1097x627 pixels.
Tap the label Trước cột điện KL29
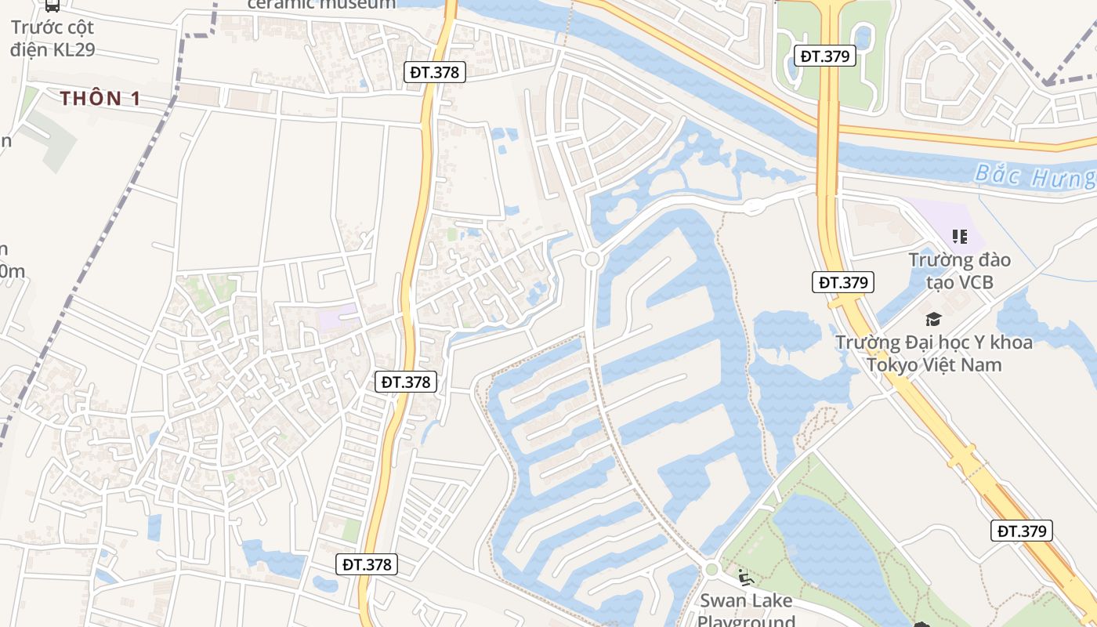click(x=52, y=38)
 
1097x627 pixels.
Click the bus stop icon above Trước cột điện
click(x=52, y=5)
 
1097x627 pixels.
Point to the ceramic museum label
click(x=322, y=4)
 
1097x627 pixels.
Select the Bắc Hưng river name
click(x=1034, y=176)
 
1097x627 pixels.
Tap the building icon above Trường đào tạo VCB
click(x=959, y=236)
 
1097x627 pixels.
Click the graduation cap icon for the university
click(x=932, y=319)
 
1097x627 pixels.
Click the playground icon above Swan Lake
click(x=745, y=579)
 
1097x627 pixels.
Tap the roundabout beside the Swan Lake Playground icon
click(x=711, y=570)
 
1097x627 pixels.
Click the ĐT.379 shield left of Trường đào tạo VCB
click(x=842, y=282)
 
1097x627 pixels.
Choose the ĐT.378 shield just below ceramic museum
click(x=437, y=72)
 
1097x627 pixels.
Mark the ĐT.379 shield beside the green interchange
click(x=824, y=56)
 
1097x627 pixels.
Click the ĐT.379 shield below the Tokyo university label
click(x=1022, y=531)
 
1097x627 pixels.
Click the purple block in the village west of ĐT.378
click(x=338, y=319)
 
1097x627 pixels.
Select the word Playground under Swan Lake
click(x=746, y=622)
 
